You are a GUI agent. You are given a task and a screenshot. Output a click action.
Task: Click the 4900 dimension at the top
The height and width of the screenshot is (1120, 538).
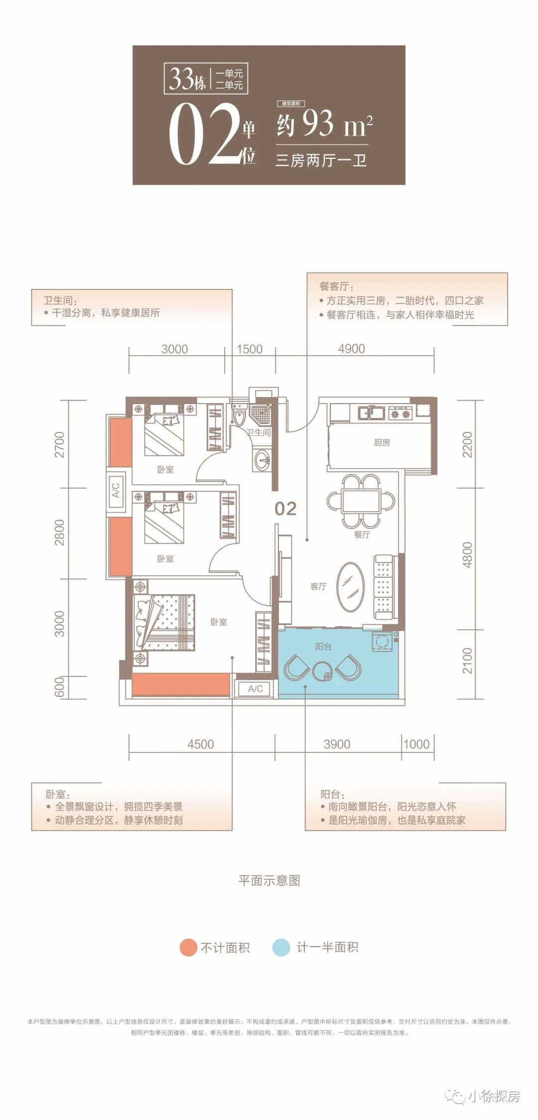tap(351, 349)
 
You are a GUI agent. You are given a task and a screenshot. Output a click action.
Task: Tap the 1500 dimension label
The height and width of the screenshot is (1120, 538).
tap(249, 349)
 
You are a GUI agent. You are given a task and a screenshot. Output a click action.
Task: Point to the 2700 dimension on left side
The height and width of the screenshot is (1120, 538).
tap(59, 444)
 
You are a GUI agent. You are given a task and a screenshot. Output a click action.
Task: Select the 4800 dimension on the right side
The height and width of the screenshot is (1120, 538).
tap(467, 555)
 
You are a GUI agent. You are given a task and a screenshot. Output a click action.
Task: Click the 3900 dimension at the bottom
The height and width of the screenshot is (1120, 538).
tap(337, 744)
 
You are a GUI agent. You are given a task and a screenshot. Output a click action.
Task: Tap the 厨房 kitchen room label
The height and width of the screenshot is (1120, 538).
tap(382, 442)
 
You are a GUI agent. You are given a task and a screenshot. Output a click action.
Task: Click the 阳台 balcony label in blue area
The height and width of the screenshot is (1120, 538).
tap(323, 646)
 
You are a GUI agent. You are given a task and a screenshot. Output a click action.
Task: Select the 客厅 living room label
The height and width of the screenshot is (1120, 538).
tap(318, 586)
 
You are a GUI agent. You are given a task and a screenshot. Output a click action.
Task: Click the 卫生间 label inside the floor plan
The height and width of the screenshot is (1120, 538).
tap(259, 432)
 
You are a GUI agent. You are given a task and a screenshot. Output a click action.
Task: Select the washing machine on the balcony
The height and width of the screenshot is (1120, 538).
tap(383, 642)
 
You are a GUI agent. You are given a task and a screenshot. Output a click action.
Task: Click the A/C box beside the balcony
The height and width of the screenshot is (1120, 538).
tap(255, 689)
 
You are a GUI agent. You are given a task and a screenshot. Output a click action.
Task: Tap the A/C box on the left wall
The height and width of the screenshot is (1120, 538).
tap(116, 490)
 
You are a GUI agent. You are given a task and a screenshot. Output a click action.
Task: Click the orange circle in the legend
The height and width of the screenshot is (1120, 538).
tap(188, 947)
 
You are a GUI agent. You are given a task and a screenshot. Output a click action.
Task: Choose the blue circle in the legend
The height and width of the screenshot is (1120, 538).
tap(281, 947)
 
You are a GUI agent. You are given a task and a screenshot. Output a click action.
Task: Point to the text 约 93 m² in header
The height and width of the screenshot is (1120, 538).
tap(324, 124)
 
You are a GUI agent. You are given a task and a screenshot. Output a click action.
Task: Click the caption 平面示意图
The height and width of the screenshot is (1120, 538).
tap(269, 880)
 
